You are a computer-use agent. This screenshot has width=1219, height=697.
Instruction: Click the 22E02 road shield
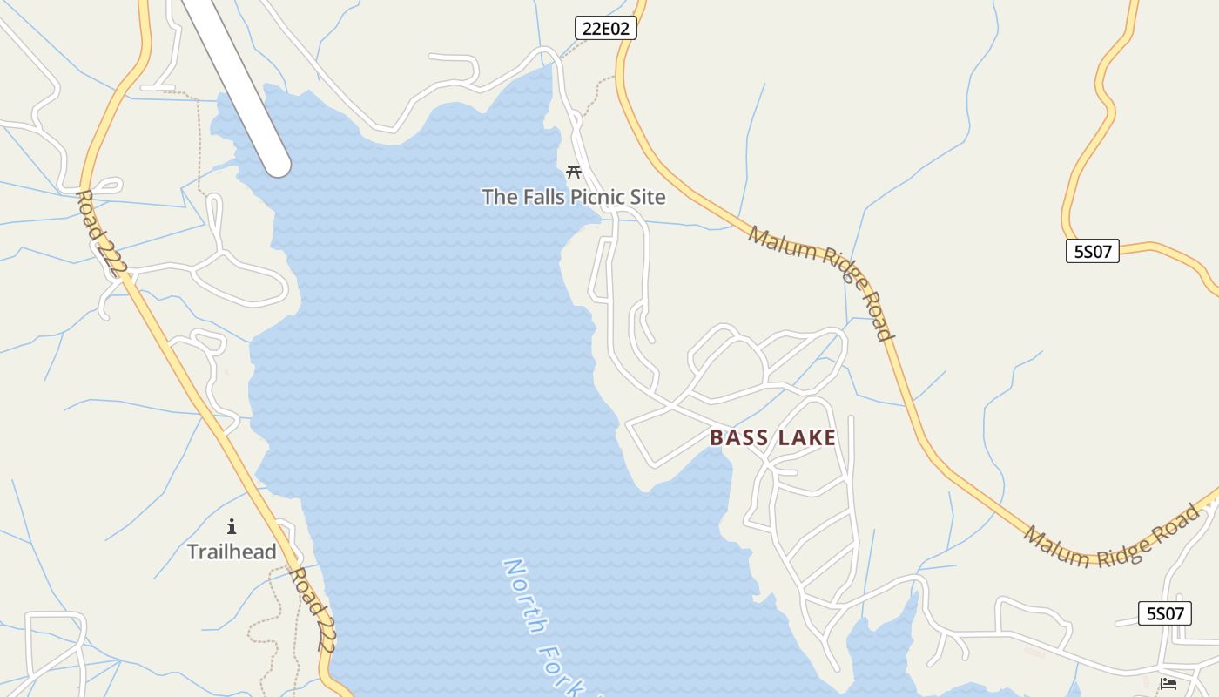[x=606, y=28]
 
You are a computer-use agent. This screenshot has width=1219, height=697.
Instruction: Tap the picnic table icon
[x=574, y=172]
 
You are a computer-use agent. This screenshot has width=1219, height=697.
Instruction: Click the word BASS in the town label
[x=741, y=437]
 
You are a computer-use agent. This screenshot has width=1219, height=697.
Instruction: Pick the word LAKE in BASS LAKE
[x=806, y=437]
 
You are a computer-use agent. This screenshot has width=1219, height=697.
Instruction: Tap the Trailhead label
[x=232, y=552]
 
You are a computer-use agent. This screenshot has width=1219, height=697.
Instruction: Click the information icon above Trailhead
[x=232, y=526]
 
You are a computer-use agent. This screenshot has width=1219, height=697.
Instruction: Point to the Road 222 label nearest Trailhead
[x=313, y=609]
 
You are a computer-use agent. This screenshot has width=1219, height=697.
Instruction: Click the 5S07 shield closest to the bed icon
[x=1165, y=613]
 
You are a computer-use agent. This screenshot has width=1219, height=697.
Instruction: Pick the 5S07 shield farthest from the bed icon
[x=1092, y=251]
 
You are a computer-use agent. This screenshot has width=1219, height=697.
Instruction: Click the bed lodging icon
[x=1168, y=684]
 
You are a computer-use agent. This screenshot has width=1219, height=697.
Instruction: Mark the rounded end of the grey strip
[x=278, y=163]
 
